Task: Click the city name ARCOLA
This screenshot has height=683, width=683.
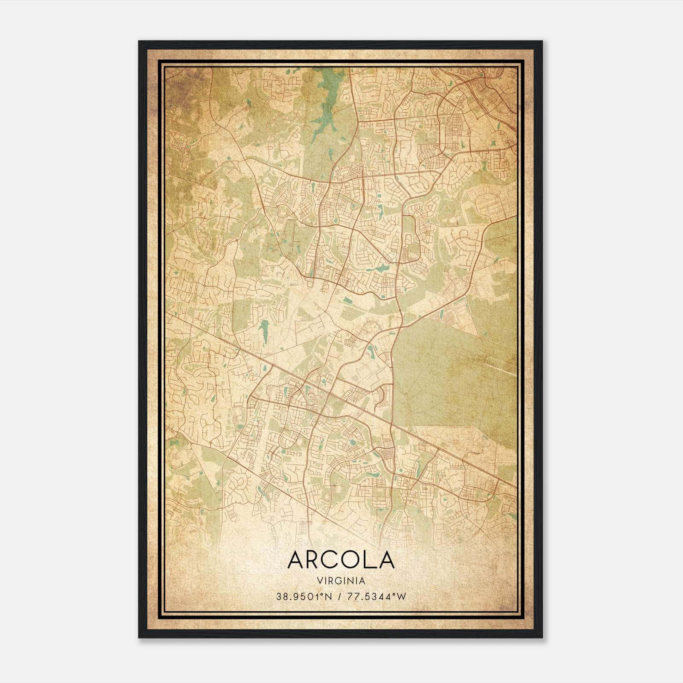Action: (341, 560)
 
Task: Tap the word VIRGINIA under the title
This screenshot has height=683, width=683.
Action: (341, 581)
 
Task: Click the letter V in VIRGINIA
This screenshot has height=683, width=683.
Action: (320, 581)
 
